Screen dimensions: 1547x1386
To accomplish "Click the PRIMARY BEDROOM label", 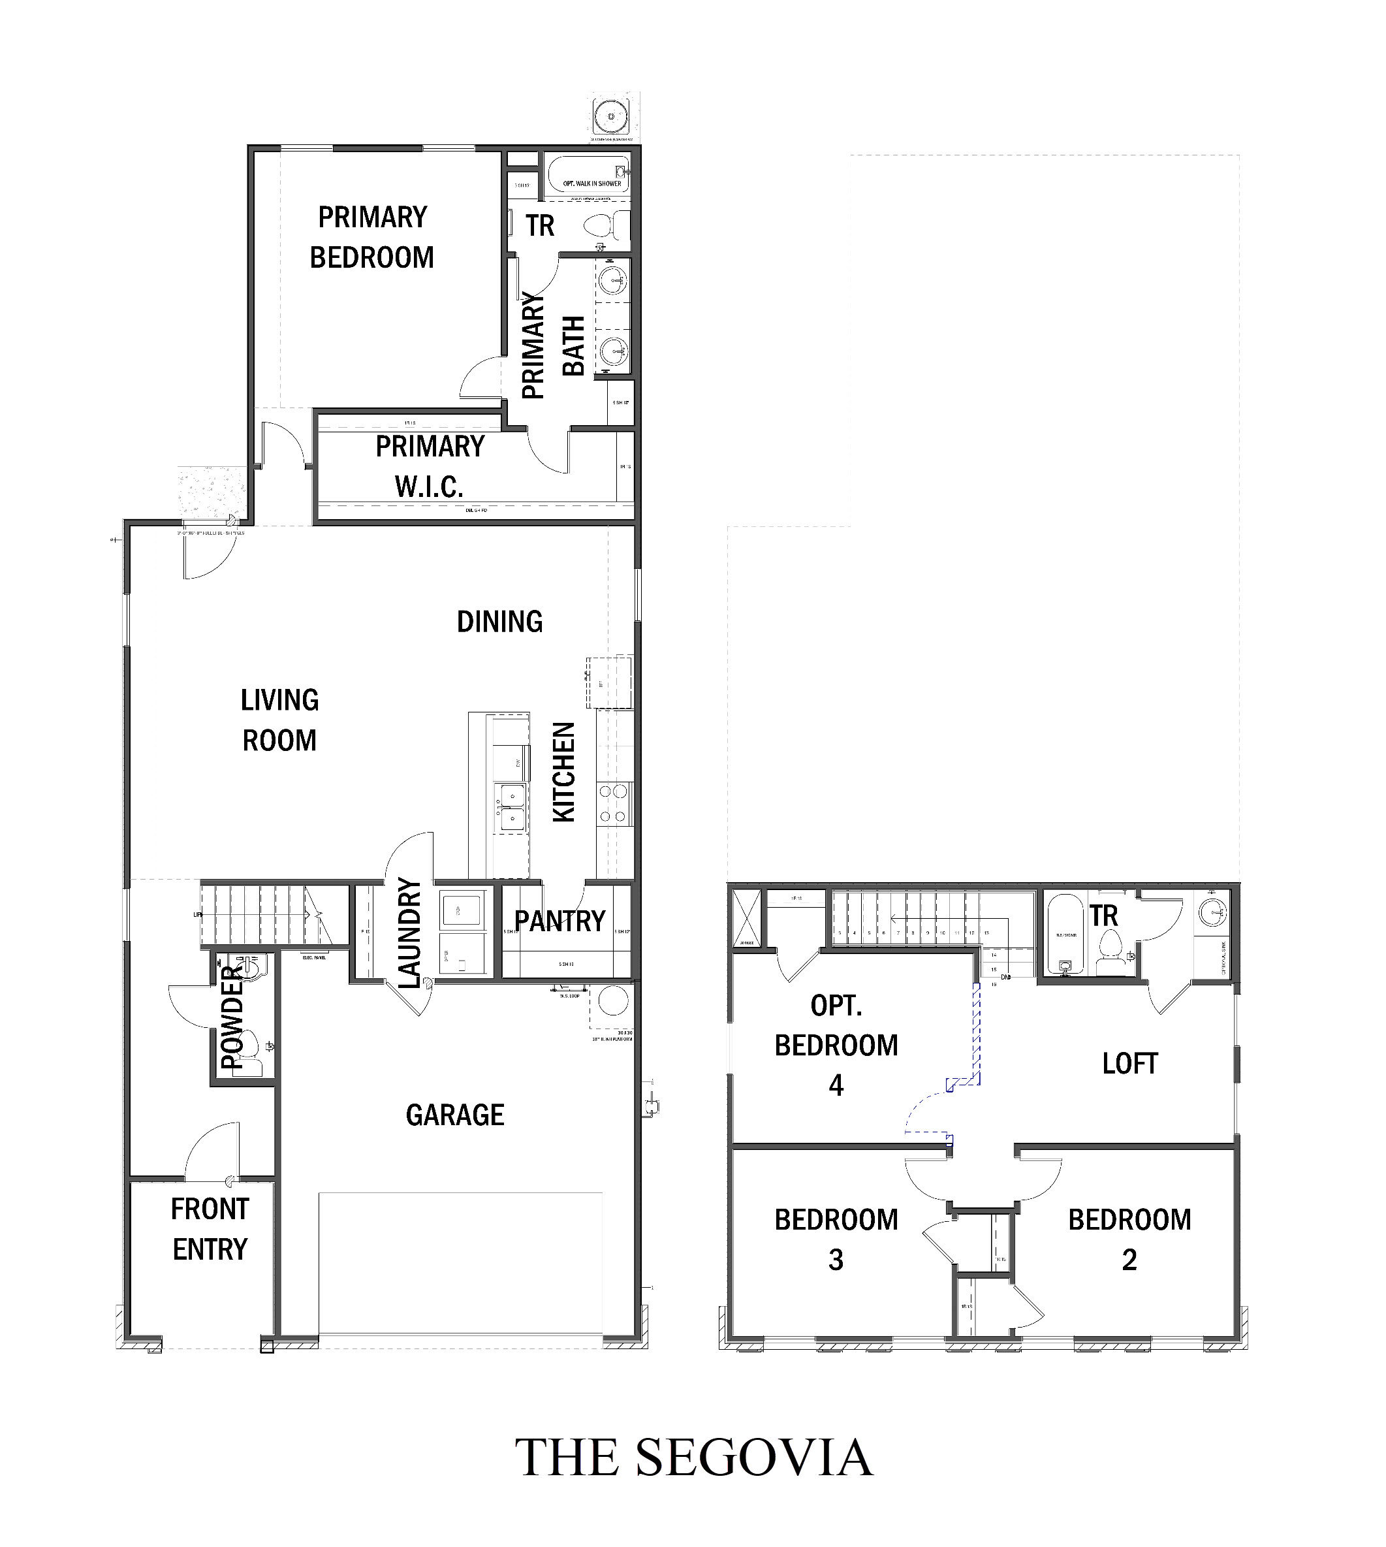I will [371, 238].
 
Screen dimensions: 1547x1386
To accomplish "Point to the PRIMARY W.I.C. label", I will [430, 466].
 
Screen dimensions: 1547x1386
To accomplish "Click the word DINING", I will [499, 622].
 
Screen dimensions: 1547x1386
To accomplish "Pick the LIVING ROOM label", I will [279, 720].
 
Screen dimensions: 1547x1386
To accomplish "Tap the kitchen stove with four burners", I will [614, 804].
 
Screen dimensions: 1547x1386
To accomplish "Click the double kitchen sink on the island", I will [511, 808].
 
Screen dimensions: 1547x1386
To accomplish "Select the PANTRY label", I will [559, 921].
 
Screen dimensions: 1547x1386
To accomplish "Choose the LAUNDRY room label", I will [409, 933].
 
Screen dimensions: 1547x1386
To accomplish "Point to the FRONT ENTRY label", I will [210, 1230].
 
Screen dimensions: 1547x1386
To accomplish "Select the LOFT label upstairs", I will [1129, 1063].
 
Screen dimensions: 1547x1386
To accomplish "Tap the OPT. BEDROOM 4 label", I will [836, 1045].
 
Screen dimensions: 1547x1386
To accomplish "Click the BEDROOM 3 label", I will [836, 1239].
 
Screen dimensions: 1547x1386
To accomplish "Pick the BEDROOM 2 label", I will [1129, 1239].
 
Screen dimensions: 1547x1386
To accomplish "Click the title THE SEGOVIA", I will [693, 1457].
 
